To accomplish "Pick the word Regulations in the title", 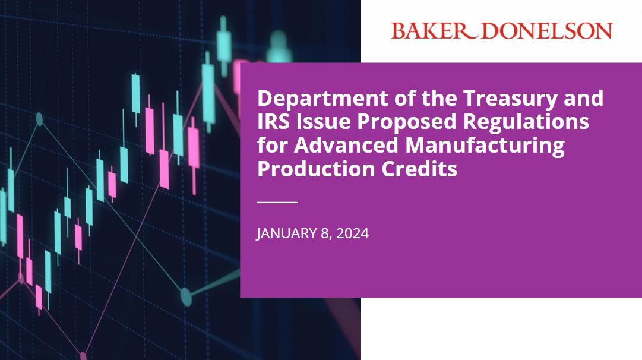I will [526, 122].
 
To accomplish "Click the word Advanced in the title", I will [341, 145].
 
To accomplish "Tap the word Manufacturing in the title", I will [482, 145].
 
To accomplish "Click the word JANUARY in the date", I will [285, 233].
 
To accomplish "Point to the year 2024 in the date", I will [352, 233].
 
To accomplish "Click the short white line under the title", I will [277, 202].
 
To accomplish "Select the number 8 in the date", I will [324, 233].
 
